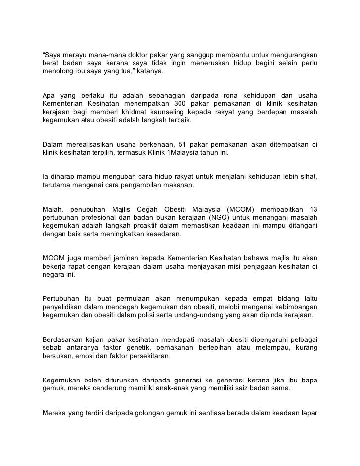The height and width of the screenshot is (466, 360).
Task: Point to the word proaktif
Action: click(x=154, y=227)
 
